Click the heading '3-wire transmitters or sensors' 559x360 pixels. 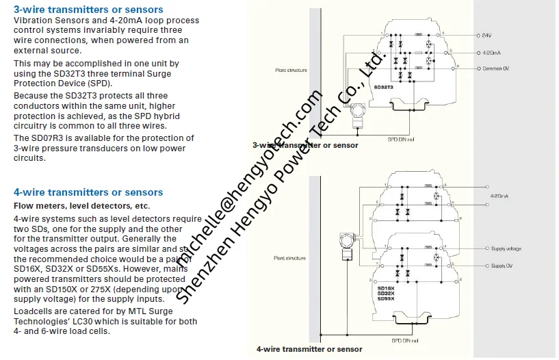(x=88, y=10)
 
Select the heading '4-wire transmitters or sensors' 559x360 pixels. (x=88, y=192)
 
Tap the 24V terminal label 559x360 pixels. (x=486, y=34)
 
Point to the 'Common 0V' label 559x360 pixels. (x=495, y=68)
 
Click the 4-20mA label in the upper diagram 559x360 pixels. (x=491, y=52)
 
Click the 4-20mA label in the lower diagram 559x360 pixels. (x=499, y=196)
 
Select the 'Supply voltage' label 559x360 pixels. (x=506, y=249)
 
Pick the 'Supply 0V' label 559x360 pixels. (x=502, y=266)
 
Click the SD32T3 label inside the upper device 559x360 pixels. (x=386, y=88)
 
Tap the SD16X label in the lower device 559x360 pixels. (x=386, y=289)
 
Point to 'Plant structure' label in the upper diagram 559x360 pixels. (x=290, y=70)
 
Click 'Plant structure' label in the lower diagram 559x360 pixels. (x=290, y=258)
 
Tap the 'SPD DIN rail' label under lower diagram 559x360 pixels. (x=406, y=340)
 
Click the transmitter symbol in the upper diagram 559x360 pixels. (x=356, y=122)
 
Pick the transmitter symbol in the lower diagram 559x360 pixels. (x=345, y=244)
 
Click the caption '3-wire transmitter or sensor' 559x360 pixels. (x=305, y=145)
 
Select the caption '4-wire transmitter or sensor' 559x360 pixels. (x=309, y=349)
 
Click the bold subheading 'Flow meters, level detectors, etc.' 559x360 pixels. (x=81, y=206)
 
